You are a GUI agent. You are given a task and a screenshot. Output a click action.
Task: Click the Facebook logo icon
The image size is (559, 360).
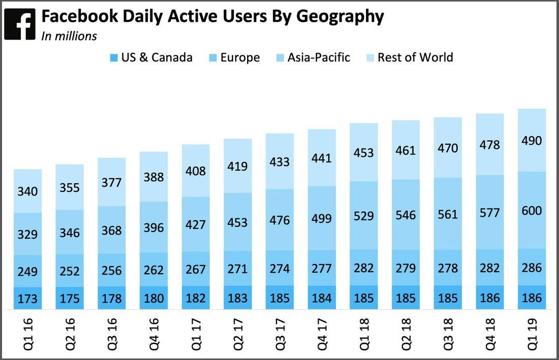coord(20,24)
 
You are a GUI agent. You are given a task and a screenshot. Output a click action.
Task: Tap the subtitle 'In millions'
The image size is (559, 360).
coord(69,36)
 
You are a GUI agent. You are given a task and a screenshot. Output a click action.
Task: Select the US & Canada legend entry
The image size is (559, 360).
coord(151,57)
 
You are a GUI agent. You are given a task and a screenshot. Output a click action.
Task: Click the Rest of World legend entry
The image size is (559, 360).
coord(409,57)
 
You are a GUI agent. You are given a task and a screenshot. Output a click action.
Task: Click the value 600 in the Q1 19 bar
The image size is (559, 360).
coord(532,211)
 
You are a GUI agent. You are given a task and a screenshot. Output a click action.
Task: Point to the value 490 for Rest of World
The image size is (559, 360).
coord(532,141)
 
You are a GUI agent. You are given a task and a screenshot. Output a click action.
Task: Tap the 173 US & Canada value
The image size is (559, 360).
coord(27,299)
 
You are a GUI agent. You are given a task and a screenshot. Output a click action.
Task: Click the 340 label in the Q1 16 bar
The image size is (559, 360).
coord(27,191)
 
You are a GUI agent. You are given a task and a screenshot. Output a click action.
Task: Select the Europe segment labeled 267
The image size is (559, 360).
coord(196,269)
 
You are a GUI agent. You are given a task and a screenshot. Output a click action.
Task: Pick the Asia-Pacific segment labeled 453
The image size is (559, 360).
coord(237,222)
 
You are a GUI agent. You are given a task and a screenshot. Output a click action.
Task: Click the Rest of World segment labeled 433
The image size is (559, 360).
coord(279,162)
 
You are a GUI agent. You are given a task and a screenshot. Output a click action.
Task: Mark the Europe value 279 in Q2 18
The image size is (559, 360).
coord(406,268)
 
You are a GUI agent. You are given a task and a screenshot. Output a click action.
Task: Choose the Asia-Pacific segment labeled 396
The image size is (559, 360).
coord(153,227)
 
